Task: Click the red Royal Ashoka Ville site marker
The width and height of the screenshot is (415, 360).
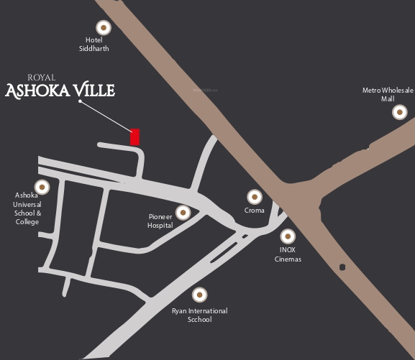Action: (134, 137)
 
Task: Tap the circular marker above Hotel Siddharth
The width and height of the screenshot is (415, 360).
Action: (104, 27)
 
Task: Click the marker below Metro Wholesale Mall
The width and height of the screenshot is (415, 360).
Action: (399, 111)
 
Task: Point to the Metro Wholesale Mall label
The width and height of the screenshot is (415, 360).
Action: (388, 94)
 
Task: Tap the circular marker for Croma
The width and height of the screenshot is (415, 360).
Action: (254, 196)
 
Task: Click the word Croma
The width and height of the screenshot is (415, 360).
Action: (255, 211)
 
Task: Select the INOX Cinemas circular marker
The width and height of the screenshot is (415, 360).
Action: (288, 236)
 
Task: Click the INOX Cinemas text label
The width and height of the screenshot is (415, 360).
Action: (288, 254)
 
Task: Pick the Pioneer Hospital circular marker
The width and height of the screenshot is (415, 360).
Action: (183, 212)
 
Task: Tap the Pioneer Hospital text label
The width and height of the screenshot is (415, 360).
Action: (160, 221)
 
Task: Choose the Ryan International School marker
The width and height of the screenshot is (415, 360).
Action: (199, 294)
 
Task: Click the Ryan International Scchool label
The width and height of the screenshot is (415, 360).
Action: (199, 315)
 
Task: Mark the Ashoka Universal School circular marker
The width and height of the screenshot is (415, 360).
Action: (42, 187)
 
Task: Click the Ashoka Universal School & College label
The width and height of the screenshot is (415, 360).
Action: (27, 208)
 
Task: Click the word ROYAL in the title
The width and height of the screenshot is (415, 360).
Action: (41, 78)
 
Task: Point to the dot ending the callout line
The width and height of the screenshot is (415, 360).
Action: (80, 101)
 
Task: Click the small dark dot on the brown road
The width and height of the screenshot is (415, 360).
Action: (342, 267)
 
